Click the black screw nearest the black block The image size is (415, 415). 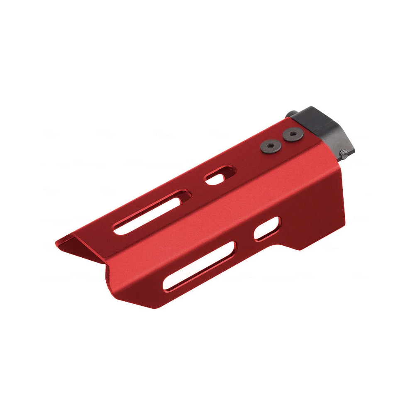pyautogui.click(x=293, y=134)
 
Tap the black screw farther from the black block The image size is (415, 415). pyautogui.click(x=270, y=146)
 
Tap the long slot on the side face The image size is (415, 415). pyautogui.click(x=200, y=266)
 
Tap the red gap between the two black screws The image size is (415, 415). pyautogui.click(x=282, y=140)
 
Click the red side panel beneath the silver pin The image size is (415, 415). pyautogui.click(x=324, y=199)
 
